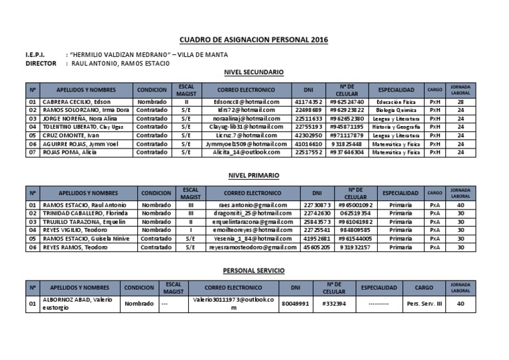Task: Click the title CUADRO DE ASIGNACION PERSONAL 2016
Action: tap(254, 40)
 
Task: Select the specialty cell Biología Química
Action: tap(396, 110)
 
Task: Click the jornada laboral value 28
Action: tap(460, 102)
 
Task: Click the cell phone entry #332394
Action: tap(334, 304)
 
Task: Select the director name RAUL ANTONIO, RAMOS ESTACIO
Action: tap(118, 63)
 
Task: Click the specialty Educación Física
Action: tap(396, 102)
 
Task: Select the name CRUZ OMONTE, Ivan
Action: tap(68, 135)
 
